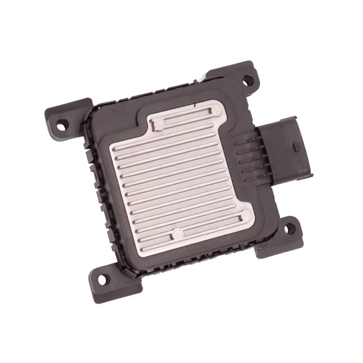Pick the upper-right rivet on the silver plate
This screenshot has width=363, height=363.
(217, 110)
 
